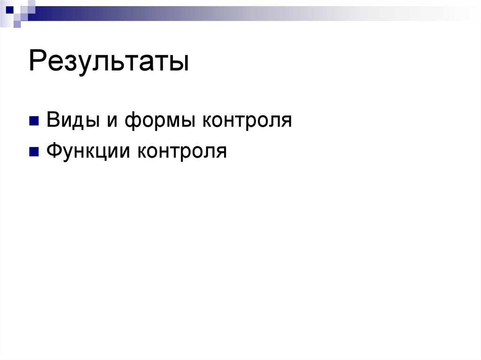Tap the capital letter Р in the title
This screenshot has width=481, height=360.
(x=37, y=62)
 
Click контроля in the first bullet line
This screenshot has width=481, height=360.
(x=247, y=121)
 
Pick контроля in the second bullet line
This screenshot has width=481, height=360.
(x=182, y=152)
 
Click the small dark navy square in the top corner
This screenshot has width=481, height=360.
(x=9, y=8)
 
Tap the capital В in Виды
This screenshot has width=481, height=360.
(x=52, y=120)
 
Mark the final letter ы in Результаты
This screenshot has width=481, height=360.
(x=180, y=64)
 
